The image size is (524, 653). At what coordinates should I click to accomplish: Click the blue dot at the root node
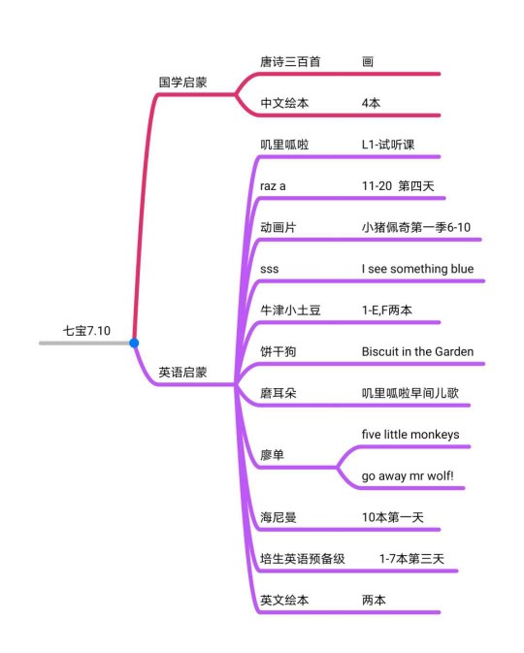(x=134, y=343)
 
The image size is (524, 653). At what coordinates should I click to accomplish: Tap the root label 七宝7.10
(x=86, y=331)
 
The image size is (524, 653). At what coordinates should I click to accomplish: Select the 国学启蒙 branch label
(x=182, y=82)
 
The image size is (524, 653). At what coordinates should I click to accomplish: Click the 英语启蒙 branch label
(x=182, y=372)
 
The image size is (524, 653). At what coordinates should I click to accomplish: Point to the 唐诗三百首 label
(x=290, y=62)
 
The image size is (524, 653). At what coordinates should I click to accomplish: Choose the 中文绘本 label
(x=284, y=103)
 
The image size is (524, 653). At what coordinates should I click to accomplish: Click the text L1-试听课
(x=388, y=145)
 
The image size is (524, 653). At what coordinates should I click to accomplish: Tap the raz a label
(x=273, y=186)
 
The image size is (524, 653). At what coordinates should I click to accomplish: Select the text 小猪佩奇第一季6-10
(x=416, y=227)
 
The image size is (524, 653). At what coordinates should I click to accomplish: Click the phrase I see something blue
(x=417, y=269)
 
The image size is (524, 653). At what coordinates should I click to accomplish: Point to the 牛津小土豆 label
(x=290, y=310)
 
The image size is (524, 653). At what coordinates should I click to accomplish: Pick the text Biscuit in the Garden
(x=417, y=351)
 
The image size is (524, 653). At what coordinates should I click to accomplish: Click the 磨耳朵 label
(x=278, y=393)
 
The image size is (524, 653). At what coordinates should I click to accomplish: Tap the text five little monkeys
(x=410, y=435)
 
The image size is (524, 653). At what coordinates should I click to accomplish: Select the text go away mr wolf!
(x=408, y=475)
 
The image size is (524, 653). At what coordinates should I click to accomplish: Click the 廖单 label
(x=273, y=455)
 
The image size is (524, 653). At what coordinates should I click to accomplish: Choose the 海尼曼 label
(x=278, y=517)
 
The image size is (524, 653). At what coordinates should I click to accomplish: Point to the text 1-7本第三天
(x=411, y=559)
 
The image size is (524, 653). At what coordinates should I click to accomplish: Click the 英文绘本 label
(x=284, y=600)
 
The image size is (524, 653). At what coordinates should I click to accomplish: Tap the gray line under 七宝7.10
(x=84, y=343)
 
